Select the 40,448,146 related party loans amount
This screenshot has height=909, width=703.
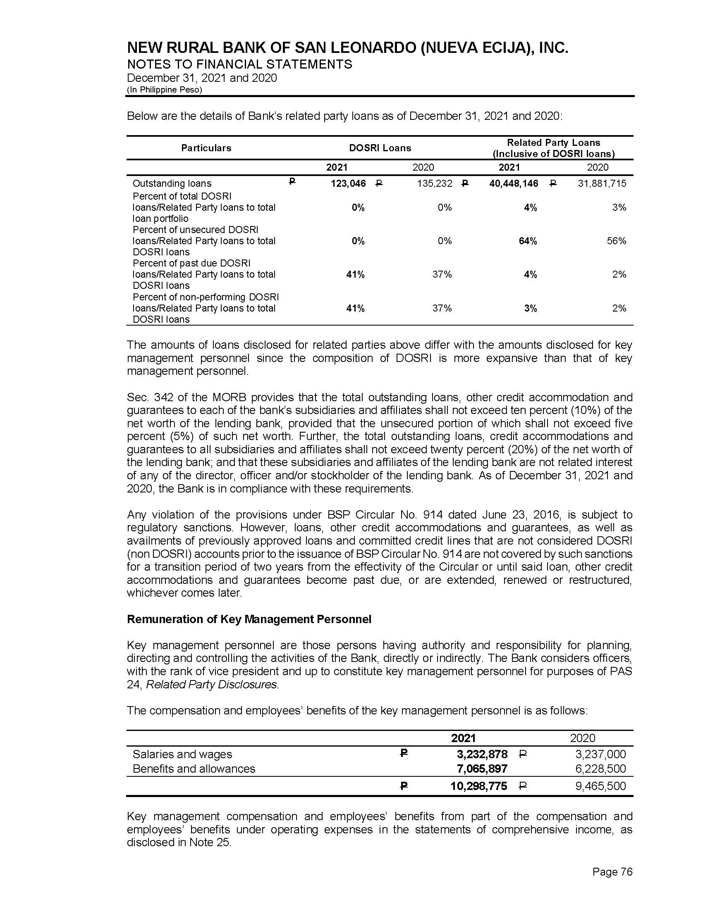514,183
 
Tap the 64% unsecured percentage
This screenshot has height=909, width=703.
528,241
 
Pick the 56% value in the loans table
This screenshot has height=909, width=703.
617,241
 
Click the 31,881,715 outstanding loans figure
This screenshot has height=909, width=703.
602,183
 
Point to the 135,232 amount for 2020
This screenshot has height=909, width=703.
434,183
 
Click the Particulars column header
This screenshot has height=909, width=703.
206,148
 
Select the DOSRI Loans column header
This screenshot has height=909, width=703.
380,148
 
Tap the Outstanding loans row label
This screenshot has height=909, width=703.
172,183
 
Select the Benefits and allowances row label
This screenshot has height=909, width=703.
194,769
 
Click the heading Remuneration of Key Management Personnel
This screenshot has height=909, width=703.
249,619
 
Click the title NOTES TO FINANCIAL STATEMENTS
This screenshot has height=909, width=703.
239,64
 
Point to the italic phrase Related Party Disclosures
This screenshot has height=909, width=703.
212,685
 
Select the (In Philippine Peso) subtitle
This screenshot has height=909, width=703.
165,90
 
